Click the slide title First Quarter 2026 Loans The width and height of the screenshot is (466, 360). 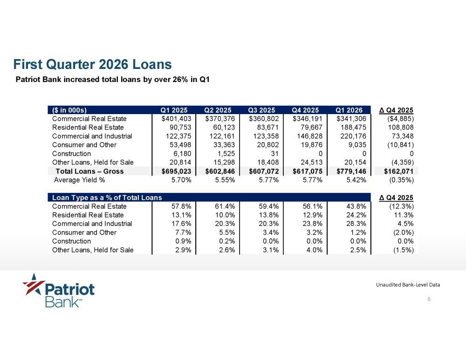[x=92, y=64]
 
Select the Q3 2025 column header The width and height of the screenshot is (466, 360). [x=261, y=110]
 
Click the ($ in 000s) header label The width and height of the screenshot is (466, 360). [x=69, y=110]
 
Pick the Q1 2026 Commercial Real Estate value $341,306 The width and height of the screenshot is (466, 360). [x=351, y=119]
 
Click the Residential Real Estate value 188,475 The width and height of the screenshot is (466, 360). [x=353, y=128]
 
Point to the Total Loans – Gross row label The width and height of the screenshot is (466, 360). [x=89, y=171]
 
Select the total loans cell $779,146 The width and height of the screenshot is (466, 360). [x=351, y=171]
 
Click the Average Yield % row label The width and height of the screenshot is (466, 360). [x=79, y=180]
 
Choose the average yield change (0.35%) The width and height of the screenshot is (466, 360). [x=401, y=180]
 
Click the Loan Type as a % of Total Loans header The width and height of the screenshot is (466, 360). [x=107, y=197]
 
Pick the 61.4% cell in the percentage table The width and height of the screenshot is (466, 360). [x=225, y=206]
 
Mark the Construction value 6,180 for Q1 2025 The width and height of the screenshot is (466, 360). [x=182, y=154]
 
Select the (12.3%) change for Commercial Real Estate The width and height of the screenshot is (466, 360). [x=401, y=206]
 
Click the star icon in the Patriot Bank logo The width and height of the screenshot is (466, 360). [x=34, y=284]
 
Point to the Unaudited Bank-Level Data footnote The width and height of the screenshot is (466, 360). [x=408, y=285]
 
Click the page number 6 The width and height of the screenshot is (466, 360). [x=429, y=299]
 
